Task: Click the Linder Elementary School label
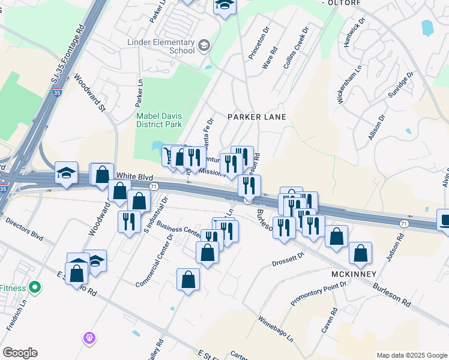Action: click(x=161, y=47)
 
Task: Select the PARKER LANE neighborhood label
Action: click(x=256, y=116)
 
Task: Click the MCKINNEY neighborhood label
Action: click(x=354, y=274)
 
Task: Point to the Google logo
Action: click(x=20, y=353)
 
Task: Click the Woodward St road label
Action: click(x=89, y=92)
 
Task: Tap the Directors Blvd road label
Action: click(x=24, y=230)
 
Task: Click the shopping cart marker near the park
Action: click(x=170, y=156)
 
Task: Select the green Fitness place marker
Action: click(x=35, y=287)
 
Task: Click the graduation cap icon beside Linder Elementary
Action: click(x=204, y=46)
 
